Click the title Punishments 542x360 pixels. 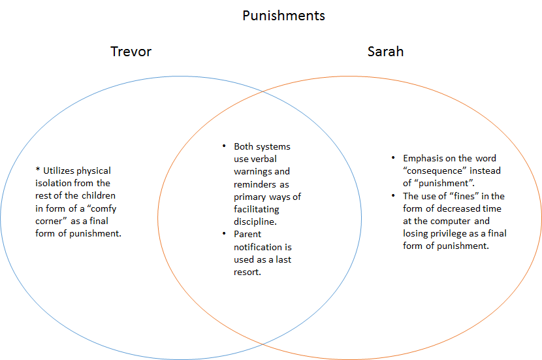click(x=283, y=16)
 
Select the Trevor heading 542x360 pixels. click(x=131, y=52)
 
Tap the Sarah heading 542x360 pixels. click(x=385, y=52)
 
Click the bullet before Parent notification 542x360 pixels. click(x=224, y=235)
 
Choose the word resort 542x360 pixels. click(x=248, y=272)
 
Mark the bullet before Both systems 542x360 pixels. click(x=224, y=146)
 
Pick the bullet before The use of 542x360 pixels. click(x=393, y=196)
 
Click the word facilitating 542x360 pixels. click(x=257, y=209)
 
